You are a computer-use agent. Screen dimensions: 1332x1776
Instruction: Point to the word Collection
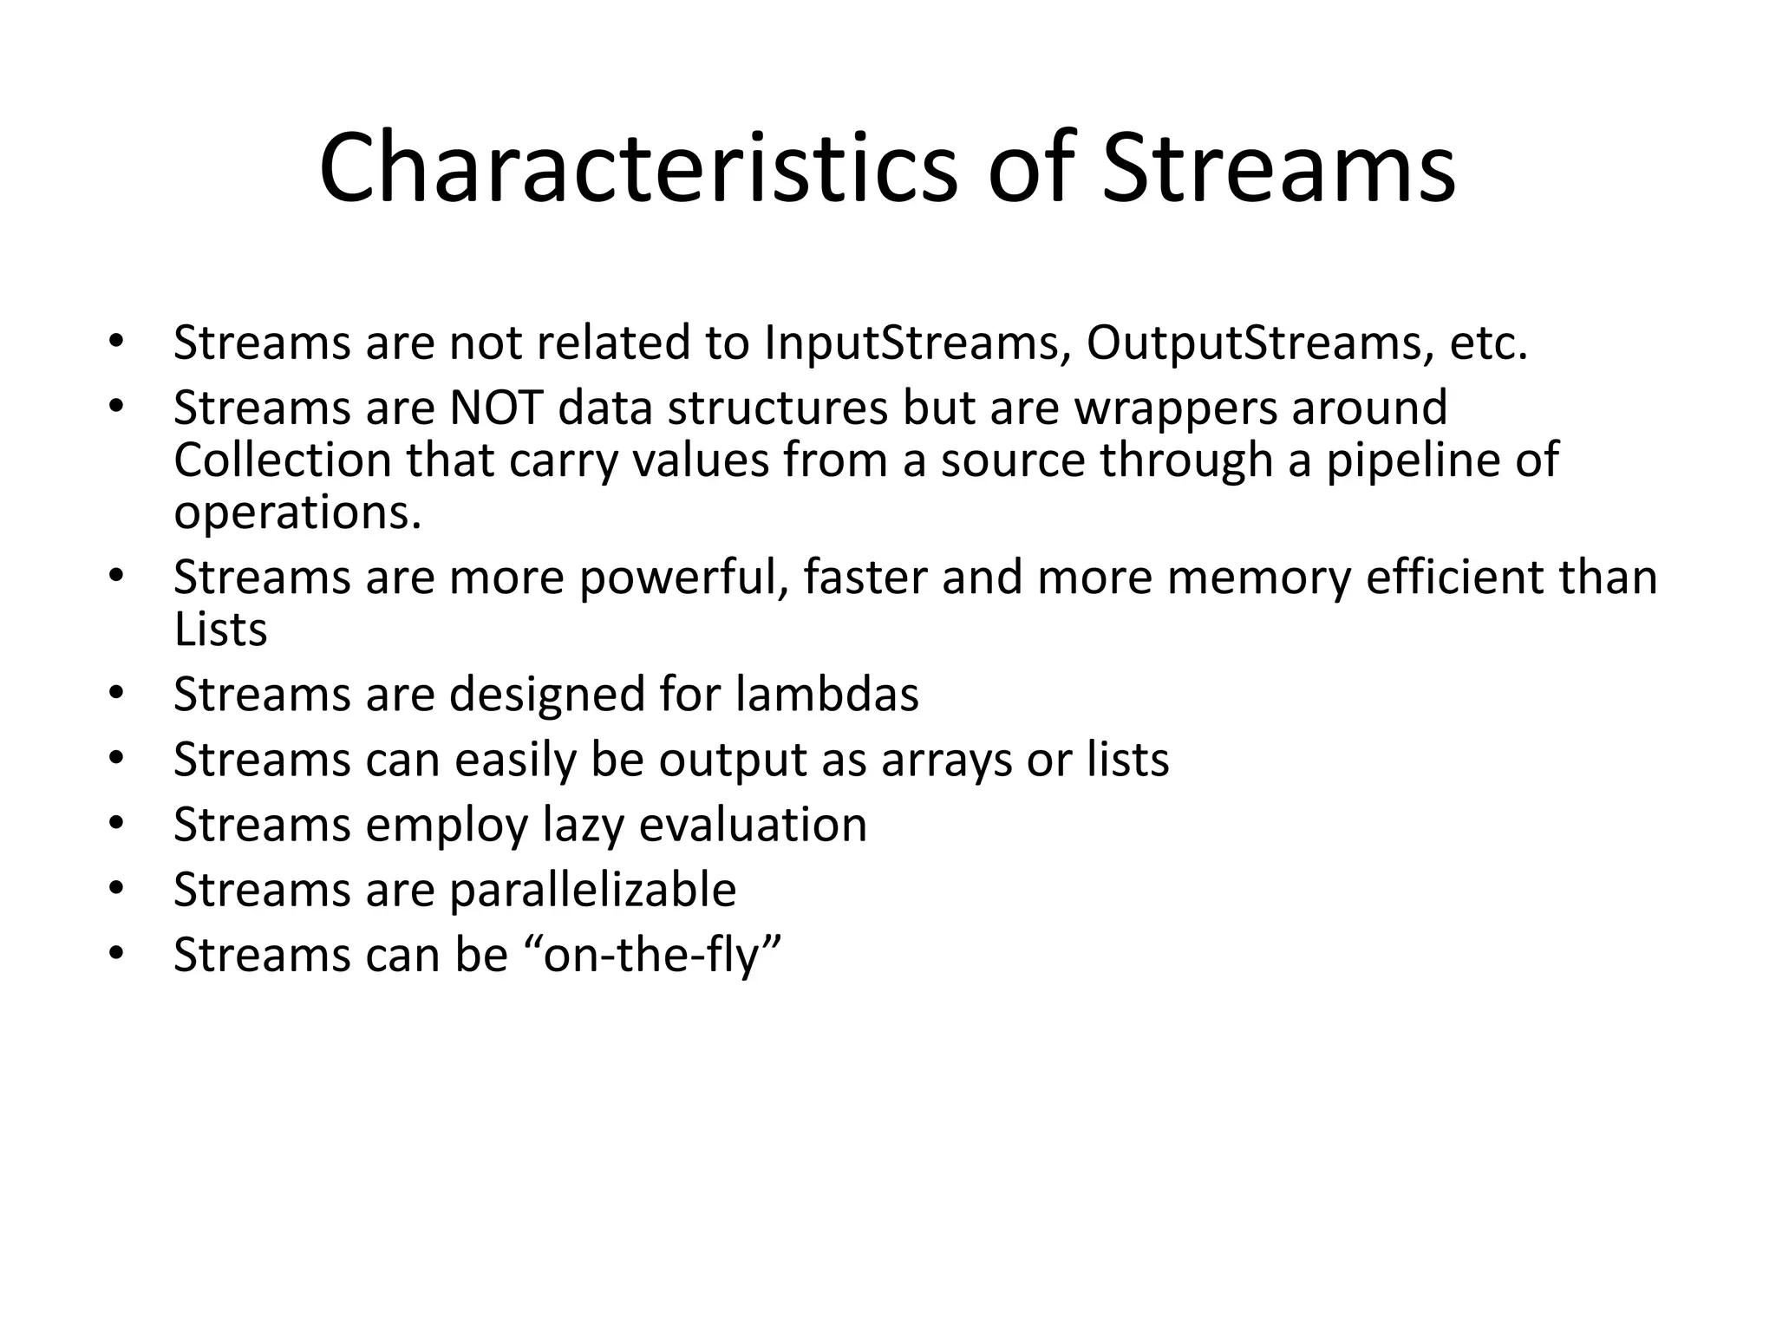click(x=283, y=460)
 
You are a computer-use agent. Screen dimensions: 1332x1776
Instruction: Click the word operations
click(x=297, y=513)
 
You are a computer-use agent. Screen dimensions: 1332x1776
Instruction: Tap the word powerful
click(x=684, y=578)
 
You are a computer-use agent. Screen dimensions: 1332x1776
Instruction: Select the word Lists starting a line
click(x=220, y=630)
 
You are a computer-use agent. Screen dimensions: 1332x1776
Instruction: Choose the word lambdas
click(x=826, y=694)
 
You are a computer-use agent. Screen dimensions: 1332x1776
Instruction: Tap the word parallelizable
click(x=592, y=890)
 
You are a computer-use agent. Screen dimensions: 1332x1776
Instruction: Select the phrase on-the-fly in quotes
click(x=654, y=955)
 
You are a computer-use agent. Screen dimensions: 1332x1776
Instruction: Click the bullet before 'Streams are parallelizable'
click(x=117, y=888)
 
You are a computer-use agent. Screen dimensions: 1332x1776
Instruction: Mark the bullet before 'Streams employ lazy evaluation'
click(x=117, y=823)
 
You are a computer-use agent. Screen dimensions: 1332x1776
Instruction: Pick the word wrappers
click(x=1176, y=409)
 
